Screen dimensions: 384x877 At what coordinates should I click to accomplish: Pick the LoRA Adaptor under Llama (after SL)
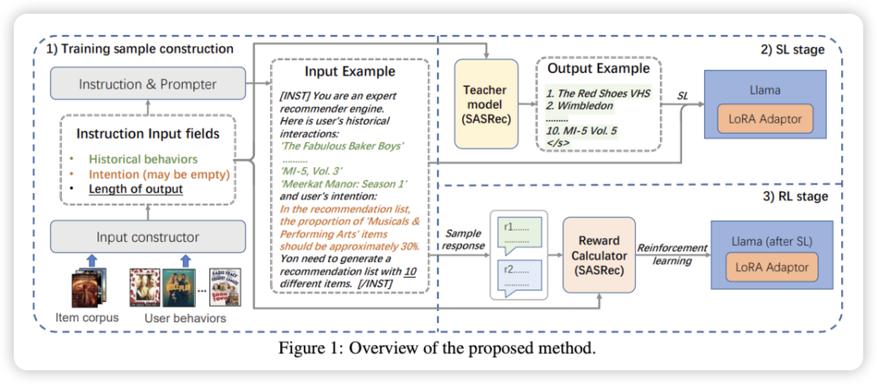(772, 267)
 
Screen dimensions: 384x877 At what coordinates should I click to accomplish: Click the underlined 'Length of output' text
(136, 189)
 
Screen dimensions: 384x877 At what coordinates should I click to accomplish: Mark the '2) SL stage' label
(794, 50)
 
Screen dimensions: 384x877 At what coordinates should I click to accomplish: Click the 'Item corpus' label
(86, 317)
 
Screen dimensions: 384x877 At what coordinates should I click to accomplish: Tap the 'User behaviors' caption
(185, 317)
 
